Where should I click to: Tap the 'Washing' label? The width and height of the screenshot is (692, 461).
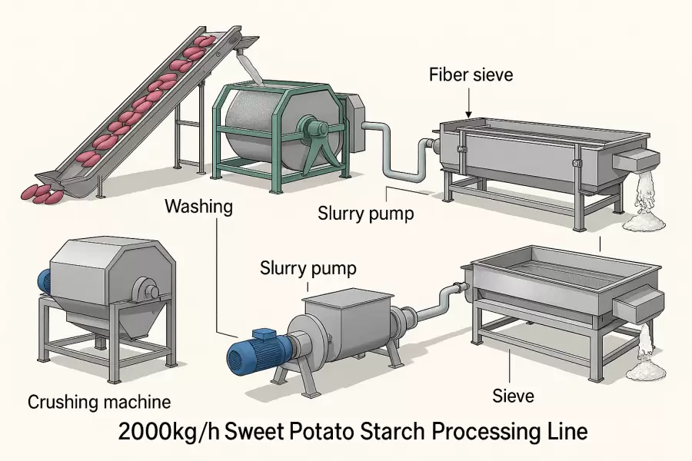tap(198, 207)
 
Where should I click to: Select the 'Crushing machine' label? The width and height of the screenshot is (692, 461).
tap(99, 401)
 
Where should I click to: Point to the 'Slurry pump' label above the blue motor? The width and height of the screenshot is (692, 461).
tap(308, 269)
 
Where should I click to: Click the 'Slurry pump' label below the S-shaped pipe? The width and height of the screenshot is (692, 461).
tap(365, 213)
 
